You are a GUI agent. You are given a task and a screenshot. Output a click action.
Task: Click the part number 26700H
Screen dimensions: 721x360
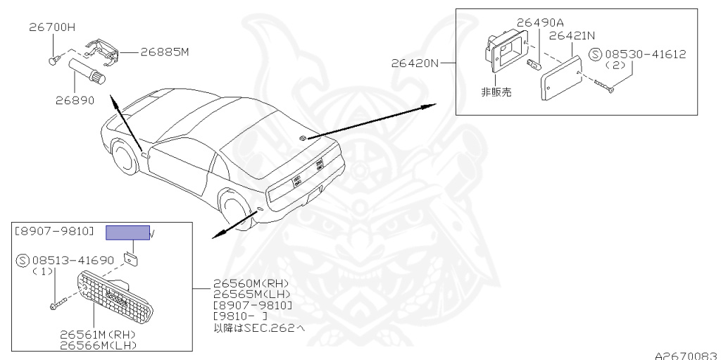click(x=51, y=28)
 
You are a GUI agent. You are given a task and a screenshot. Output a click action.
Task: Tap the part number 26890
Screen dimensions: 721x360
click(x=75, y=100)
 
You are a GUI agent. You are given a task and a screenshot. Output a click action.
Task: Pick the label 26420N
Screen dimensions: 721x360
click(x=415, y=63)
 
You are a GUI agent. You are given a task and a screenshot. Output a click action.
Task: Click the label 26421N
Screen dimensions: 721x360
click(x=572, y=35)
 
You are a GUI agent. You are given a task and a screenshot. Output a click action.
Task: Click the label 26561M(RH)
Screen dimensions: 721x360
click(x=99, y=335)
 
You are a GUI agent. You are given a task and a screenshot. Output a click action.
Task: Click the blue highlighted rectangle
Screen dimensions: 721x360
click(x=127, y=233)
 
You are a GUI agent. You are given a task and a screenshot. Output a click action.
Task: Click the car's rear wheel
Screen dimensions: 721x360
click(x=237, y=208)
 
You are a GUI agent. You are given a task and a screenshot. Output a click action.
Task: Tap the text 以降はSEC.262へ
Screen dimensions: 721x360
click(x=259, y=328)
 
